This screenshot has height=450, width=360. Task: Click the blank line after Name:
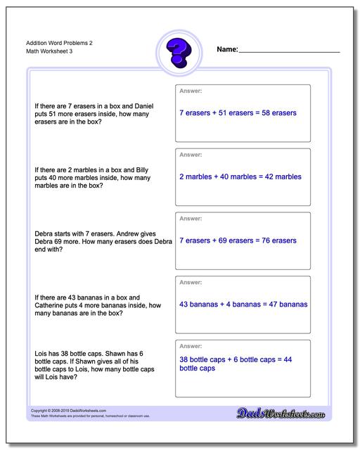click(x=289, y=51)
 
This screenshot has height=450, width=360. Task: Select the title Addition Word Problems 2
click(x=53, y=43)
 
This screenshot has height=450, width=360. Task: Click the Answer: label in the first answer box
click(x=191, y=91)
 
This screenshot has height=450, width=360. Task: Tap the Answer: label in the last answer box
click(x=191, y=347)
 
